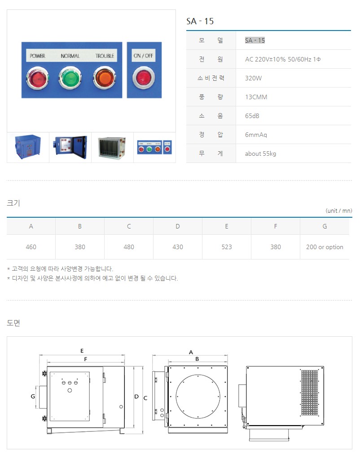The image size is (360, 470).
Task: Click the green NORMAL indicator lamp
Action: pos(70,78)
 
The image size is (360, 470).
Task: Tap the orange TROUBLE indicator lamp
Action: pos(104,78)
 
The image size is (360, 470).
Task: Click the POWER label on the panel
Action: pos(37,56)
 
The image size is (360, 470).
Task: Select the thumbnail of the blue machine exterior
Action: pos(28,147)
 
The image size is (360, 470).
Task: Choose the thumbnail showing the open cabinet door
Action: pos(70,147)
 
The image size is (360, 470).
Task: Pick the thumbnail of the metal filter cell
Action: pos(112,147)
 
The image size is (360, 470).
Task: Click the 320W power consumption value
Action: pos(253,78)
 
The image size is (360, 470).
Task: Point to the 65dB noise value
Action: pos(252,116)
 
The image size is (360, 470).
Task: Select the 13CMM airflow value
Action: pos(256,97)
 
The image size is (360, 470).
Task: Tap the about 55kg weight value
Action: pos(260,154)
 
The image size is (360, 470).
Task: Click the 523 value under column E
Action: pos(227,247)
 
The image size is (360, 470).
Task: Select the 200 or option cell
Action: pos(325,247)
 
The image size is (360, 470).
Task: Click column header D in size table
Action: pos(178,226)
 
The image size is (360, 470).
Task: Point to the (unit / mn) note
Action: pos(339,211)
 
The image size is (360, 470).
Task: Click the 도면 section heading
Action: pos(13,323)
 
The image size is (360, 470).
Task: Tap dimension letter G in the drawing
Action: pos(33,396)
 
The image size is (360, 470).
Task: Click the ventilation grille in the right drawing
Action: pos(309,393)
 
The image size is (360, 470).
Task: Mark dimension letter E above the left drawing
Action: pos(82,351)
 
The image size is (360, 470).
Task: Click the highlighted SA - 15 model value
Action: pos(255,40)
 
